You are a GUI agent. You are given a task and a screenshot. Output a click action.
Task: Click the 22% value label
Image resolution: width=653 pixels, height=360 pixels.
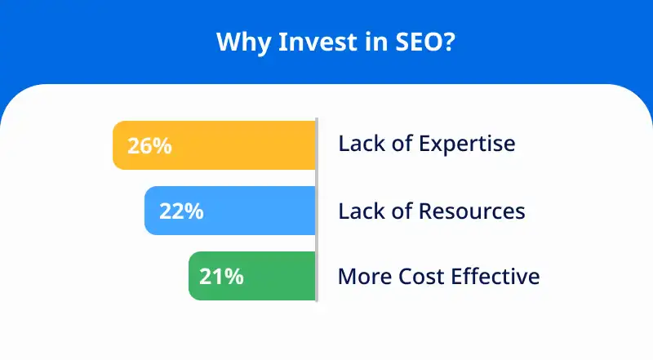(x=181, y=211)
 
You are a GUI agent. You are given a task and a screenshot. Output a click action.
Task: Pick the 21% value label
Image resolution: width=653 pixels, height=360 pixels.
(x=222, y=277)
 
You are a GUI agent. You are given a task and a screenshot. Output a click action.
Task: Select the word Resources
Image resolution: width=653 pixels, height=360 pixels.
(x=472, y=211)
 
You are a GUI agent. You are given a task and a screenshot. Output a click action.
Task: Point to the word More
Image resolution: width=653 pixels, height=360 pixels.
(x=364, y=276)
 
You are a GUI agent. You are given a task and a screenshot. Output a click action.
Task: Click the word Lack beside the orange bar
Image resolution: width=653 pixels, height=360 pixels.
(x=361, y=144)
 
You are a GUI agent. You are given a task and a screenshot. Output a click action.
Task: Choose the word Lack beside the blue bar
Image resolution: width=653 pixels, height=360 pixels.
(x=361, y=211)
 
